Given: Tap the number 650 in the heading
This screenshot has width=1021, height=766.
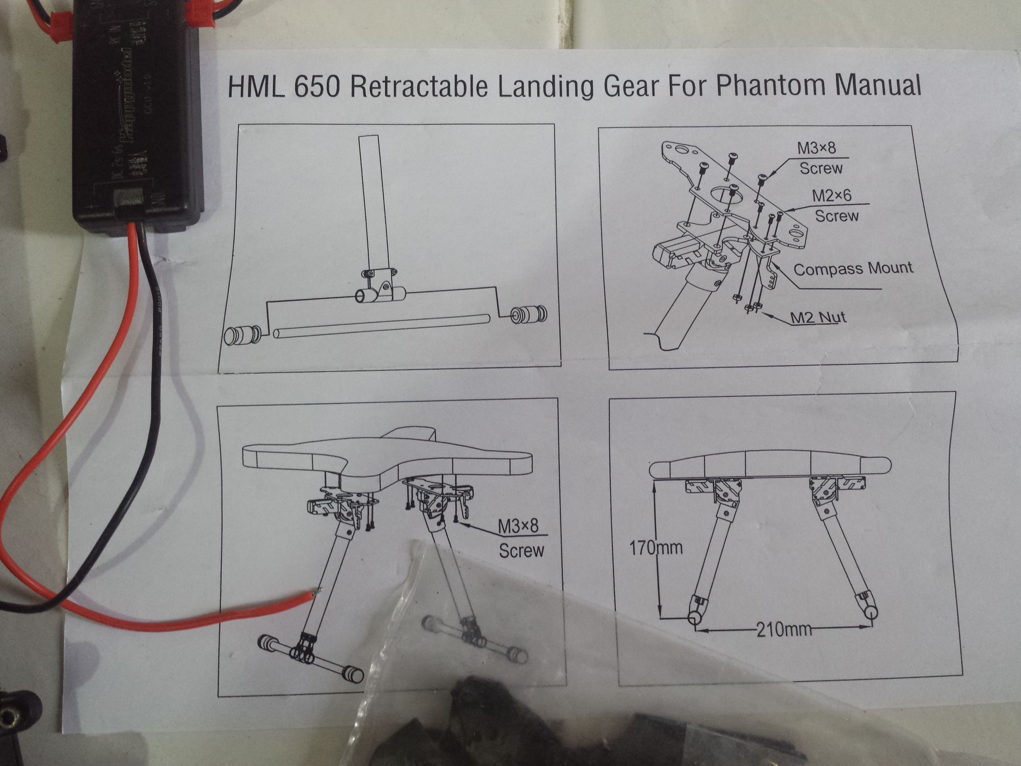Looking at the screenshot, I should [x=316, y=87].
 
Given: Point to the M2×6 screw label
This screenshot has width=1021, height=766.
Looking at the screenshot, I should [x=831, y=196].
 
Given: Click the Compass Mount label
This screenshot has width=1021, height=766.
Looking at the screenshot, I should [x=853, y=269].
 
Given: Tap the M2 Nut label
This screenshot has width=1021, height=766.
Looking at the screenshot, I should [x=818, y=318].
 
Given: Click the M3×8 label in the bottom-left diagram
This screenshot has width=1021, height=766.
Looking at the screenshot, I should [x=518, y=526].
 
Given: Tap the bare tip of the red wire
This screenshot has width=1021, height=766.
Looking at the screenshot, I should [x=317, y=591].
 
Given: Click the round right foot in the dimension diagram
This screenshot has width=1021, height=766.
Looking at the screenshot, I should [x=871, y=612].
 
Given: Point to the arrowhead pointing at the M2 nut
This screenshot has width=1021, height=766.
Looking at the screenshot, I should [x=766, y=314].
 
